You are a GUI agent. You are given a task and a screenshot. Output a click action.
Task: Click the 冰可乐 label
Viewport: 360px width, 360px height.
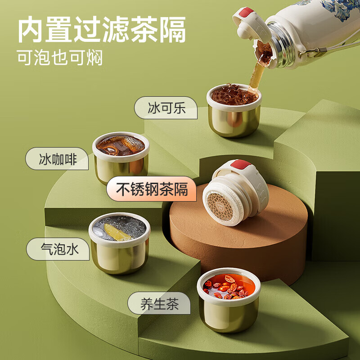tap(166, 108)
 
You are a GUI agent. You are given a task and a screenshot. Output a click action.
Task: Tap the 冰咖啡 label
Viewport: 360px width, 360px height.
tap(57, 159)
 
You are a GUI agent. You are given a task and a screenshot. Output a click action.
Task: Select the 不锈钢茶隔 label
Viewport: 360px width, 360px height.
tap(152, 189)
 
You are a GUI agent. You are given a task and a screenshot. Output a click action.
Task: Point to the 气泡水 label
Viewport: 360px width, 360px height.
tap(58, 249)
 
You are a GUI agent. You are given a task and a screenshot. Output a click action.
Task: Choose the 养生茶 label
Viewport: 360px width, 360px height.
tap(159, 303)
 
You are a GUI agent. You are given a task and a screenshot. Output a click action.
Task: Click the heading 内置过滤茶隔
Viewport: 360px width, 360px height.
tap(102, 29)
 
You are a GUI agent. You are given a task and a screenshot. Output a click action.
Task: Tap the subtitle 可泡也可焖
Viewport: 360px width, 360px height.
tap(60, 58)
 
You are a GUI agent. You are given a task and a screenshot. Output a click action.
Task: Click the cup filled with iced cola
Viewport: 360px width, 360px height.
tap(234, 110)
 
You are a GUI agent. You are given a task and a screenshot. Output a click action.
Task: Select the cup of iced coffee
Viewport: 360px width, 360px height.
tap(121, 157)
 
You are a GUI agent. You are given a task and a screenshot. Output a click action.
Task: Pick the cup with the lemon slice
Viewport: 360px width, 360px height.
tap(119, 243)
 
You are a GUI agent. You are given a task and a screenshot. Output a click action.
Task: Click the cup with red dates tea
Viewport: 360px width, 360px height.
tap(229, 300)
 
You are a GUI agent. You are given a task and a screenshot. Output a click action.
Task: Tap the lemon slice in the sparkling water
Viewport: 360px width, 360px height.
tap(117, 232)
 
